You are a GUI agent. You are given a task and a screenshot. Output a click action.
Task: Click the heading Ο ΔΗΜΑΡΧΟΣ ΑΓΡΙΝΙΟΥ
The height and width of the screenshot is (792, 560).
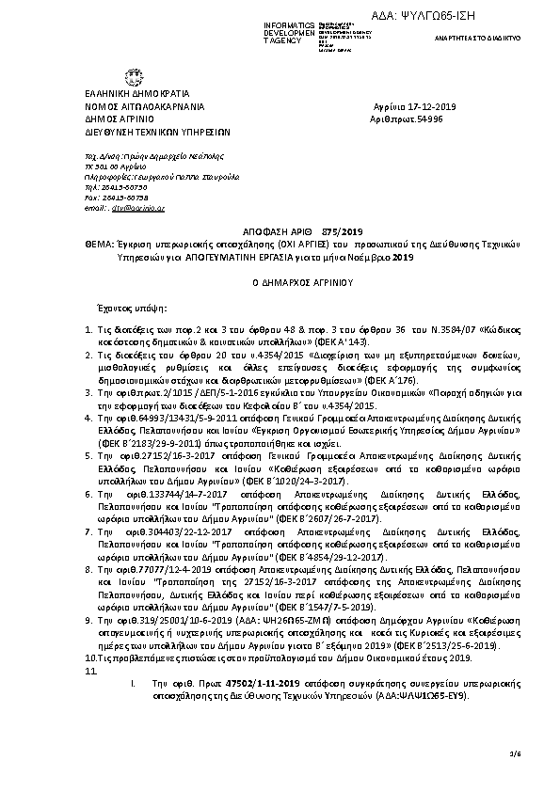pos(280,282)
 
